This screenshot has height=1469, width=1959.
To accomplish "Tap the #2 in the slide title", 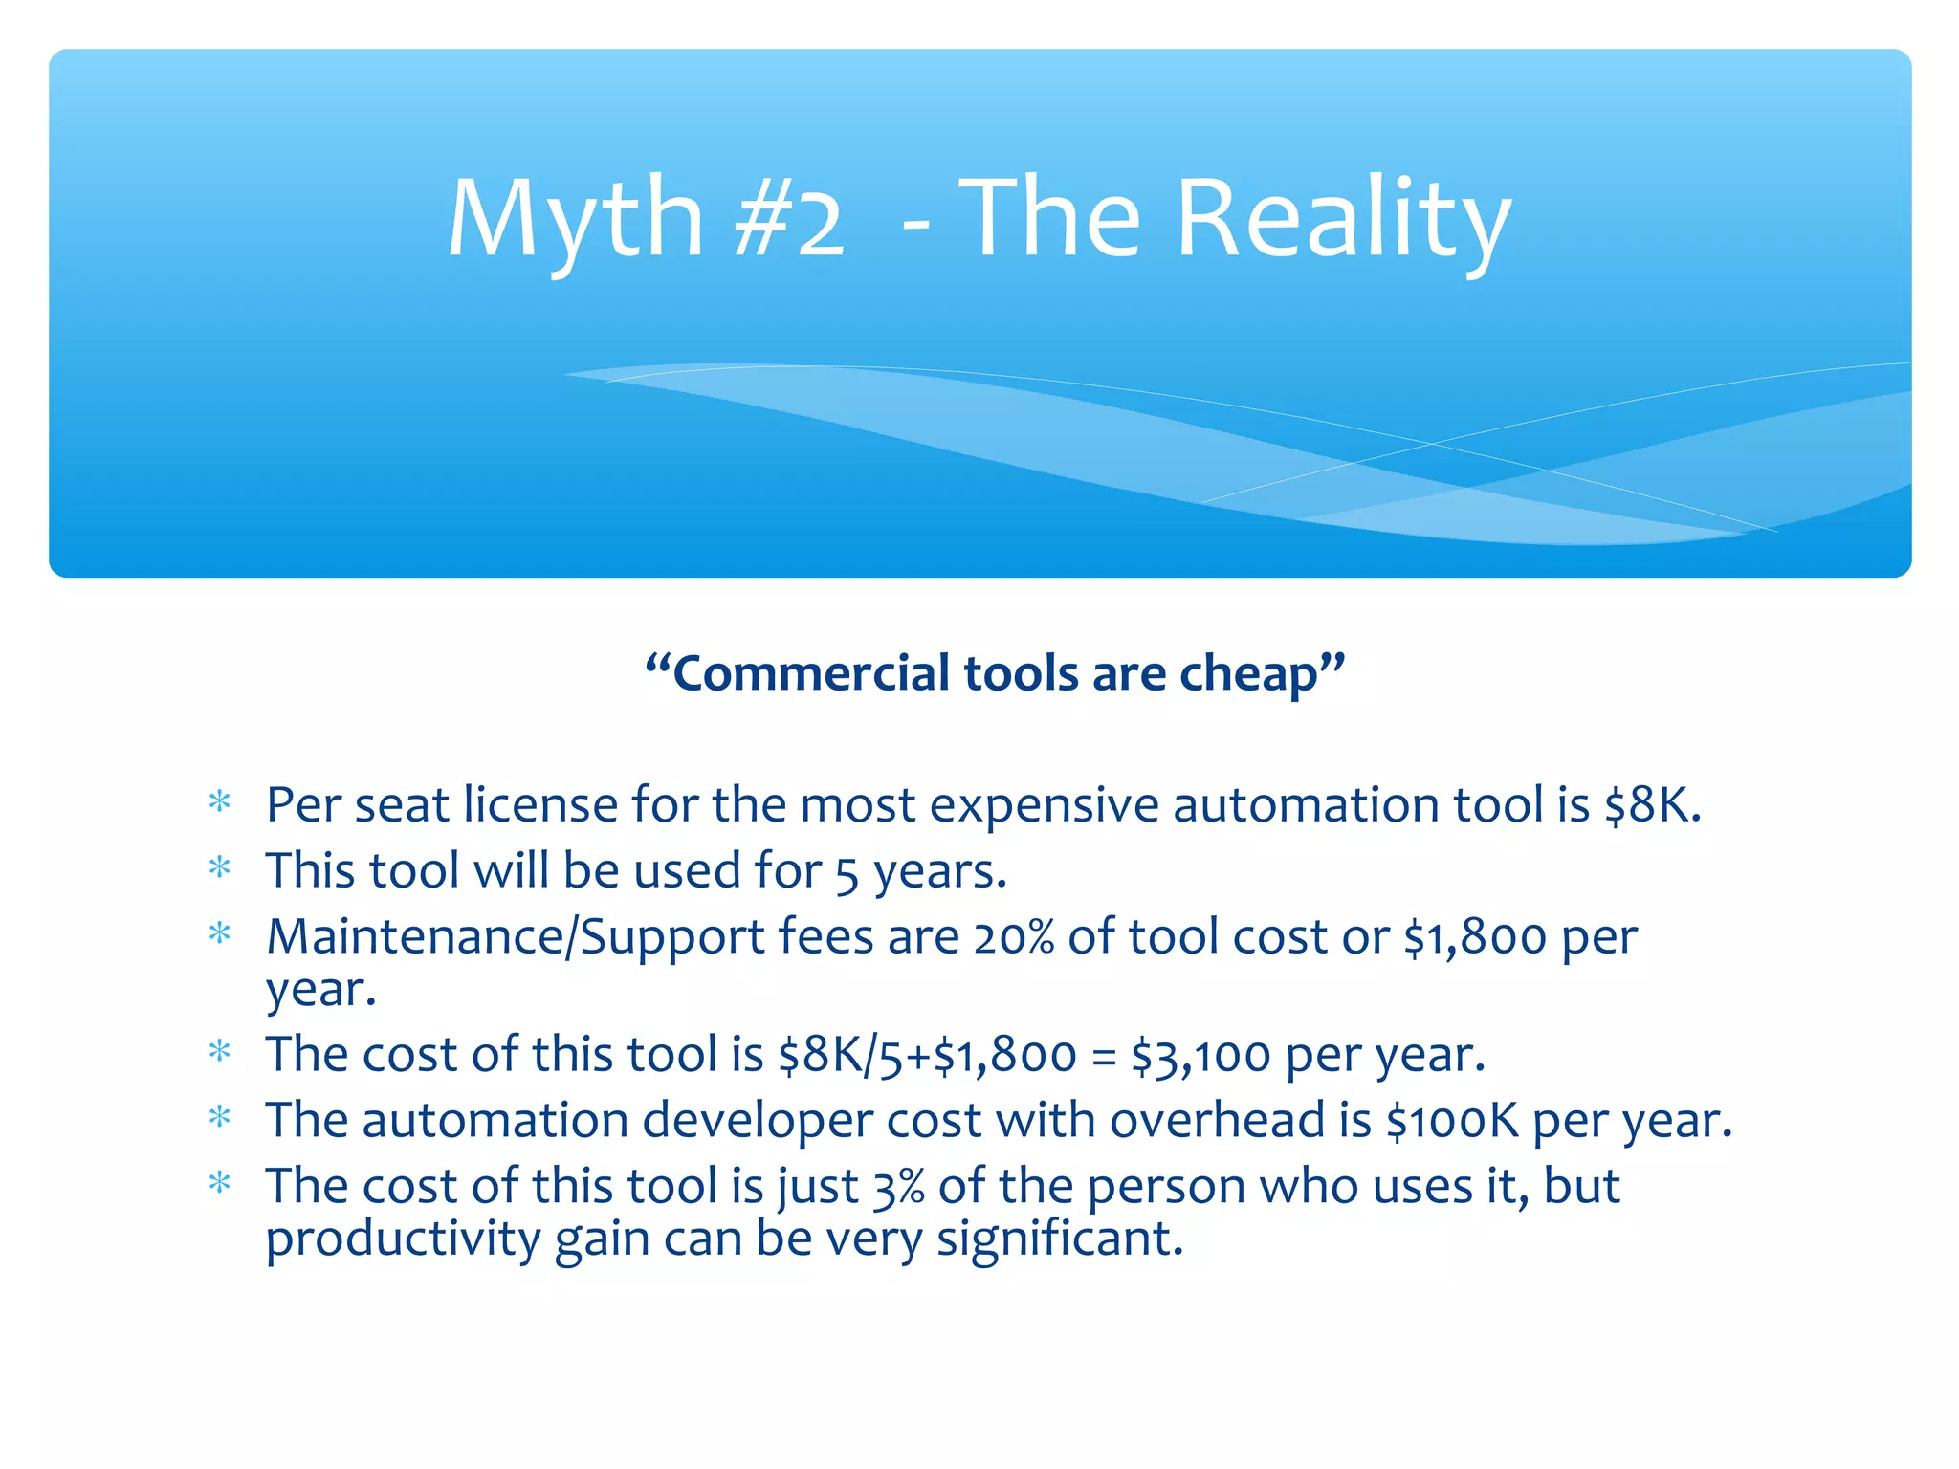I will point(790,221).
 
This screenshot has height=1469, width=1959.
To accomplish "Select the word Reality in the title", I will point(1343,221).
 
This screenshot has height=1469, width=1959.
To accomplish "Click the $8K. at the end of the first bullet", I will point(1653,804).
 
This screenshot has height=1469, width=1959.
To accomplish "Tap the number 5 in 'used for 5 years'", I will point(847,873).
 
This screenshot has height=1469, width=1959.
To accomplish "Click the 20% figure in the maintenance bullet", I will point(1014,936).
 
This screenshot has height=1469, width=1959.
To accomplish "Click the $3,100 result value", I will point(1200,1055).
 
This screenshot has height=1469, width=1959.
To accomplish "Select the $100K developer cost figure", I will point(1452,1120).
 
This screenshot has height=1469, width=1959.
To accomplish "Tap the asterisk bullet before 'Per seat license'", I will point(220,801).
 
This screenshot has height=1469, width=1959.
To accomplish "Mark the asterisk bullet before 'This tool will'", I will point(220,867).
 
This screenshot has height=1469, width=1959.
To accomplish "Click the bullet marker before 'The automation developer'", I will point(220,1116).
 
